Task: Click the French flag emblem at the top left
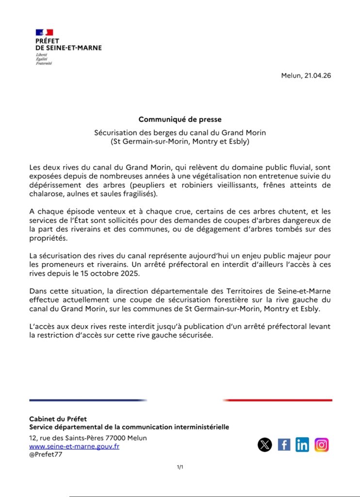click(x=44, y=33)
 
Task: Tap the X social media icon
click(x=265, y=445)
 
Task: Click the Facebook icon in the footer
click(x=284, y=445)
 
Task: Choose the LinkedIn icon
click(x=302, y=445)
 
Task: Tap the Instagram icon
click(x=321, y=445)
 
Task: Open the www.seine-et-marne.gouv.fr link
click(x=74, y=447)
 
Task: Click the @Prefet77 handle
click(x=46, y=455)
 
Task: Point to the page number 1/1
click(x=180, y=467)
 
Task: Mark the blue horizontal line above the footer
click(x=88, y=400)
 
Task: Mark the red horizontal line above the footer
click(x=278, y=400)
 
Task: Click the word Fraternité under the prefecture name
click(x=44, y=64)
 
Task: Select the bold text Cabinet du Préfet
click(x=58, y=419)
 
